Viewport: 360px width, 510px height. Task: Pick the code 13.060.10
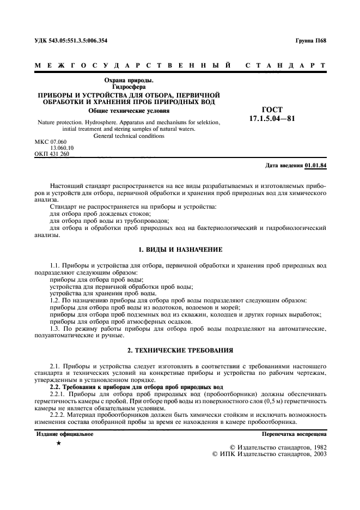click(x=63, y=148)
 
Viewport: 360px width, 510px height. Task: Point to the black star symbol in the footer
click(x=58, y=444)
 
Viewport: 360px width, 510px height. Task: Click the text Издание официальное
click(x=64, y=434)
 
